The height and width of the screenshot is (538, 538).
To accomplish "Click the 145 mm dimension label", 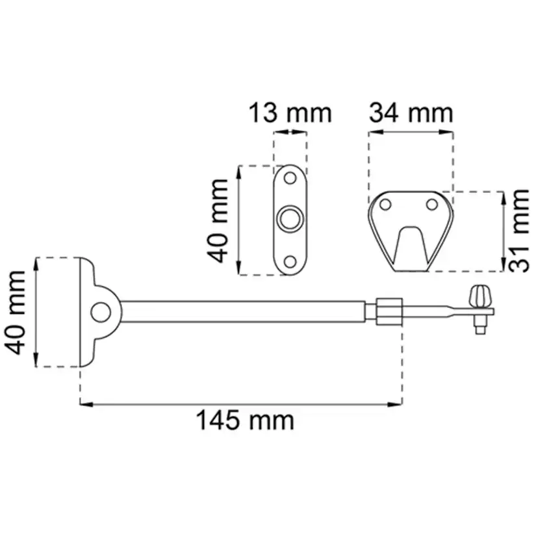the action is click(x=245, y=420).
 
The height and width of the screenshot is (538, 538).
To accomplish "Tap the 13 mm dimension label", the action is click(x=290, y=113).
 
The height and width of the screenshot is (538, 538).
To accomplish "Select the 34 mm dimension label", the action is click(x=411, y=113).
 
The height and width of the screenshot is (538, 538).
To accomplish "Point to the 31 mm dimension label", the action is click(x=519, y=231).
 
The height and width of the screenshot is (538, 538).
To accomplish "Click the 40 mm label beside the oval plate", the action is click(x=218, y=221).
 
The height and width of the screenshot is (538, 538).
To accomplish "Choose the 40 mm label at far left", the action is click(x=15, y=313).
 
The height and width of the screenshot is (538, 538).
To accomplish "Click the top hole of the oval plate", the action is click(x=290, y=178).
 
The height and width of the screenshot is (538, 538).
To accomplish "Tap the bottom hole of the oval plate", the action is click(x=290, y=262).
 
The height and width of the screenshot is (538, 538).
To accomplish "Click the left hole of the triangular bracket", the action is click(x=386, y=205).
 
